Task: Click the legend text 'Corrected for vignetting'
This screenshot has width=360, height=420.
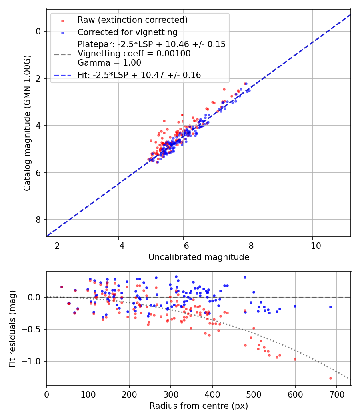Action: pyautogui.click(x=128, y=32)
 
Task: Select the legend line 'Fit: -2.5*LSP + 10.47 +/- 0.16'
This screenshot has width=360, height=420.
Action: pyautogui.click(x=62, y=75)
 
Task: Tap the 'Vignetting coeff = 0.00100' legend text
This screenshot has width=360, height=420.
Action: pyautogui.click(x=134, y=54)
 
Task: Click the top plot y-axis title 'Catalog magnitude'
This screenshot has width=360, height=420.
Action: pyautogui.click(x=27, y=123)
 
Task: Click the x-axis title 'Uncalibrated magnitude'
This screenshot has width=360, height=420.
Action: pyautogui.click(x=199, y=257)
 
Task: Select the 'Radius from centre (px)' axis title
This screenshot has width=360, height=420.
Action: pyautogui.click(x=199, y=406)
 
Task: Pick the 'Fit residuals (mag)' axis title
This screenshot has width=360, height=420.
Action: pyautogui.click(x=12, y=328)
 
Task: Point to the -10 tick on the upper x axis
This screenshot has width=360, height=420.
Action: pyautogui.click(x=312, y=245)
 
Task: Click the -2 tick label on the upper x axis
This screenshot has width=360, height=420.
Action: pyautogui.click(x=54, y=245)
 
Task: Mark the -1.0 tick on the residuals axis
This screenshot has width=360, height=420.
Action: pyautogui.click(x=34, y=361)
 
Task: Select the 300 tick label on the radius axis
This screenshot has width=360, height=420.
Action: pyautogui.click(x=171, y=394)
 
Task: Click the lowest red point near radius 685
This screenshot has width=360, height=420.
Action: pyautogui.click(x=330, y=378)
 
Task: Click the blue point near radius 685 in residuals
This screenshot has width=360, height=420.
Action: pyautogui.click(x=330, y=307)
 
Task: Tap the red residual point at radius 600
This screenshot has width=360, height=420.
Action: pyautogui.click(x=295, y=359)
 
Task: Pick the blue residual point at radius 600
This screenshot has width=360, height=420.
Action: pyautogui.click(x=295, y=306)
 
